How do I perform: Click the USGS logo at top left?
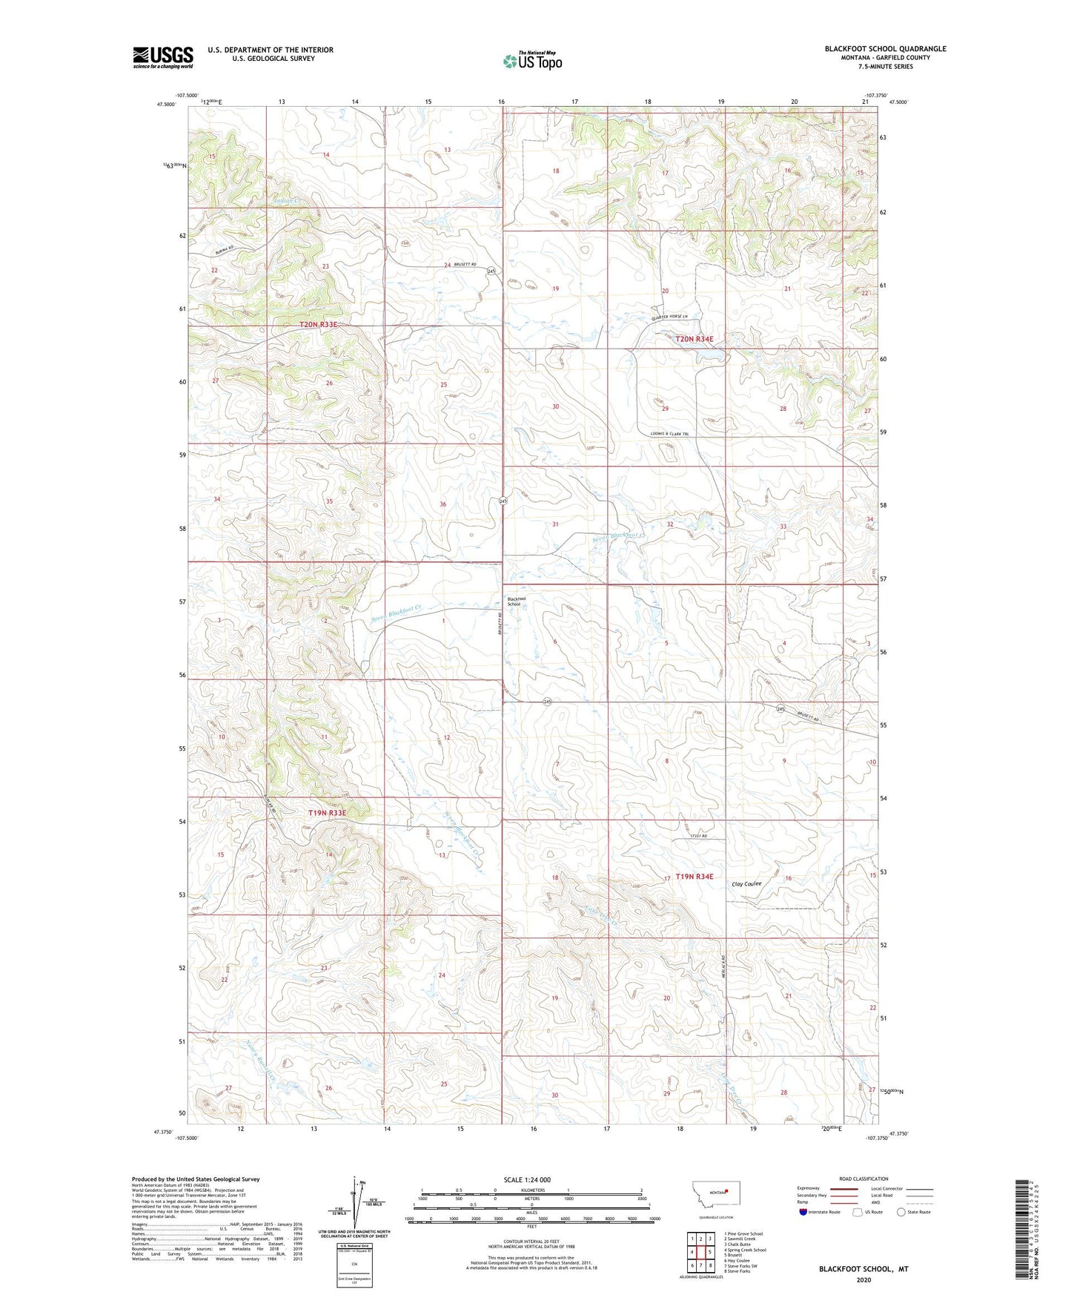point(163,57)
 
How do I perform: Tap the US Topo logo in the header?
point(532,61)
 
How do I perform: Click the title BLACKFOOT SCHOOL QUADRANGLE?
point(885,49)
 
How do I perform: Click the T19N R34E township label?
point(694,877)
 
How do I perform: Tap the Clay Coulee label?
point(746,883)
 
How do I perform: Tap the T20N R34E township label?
point(694,339)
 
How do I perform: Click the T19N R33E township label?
point(327,813)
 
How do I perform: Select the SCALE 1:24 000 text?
point(526,1179)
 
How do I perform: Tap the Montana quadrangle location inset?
point(715,1195)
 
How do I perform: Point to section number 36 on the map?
point(442,504)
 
